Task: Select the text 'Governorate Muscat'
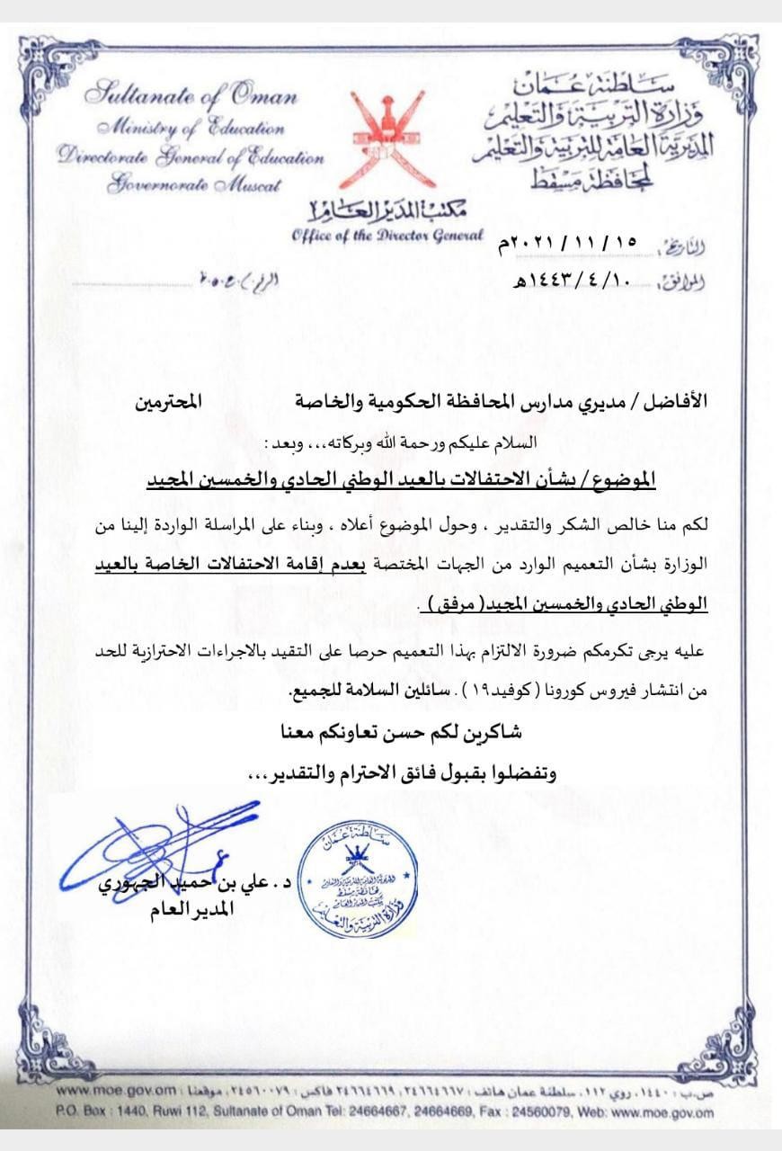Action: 193,185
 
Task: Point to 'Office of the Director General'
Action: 387,236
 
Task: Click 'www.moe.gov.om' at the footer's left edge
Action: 100,1089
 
